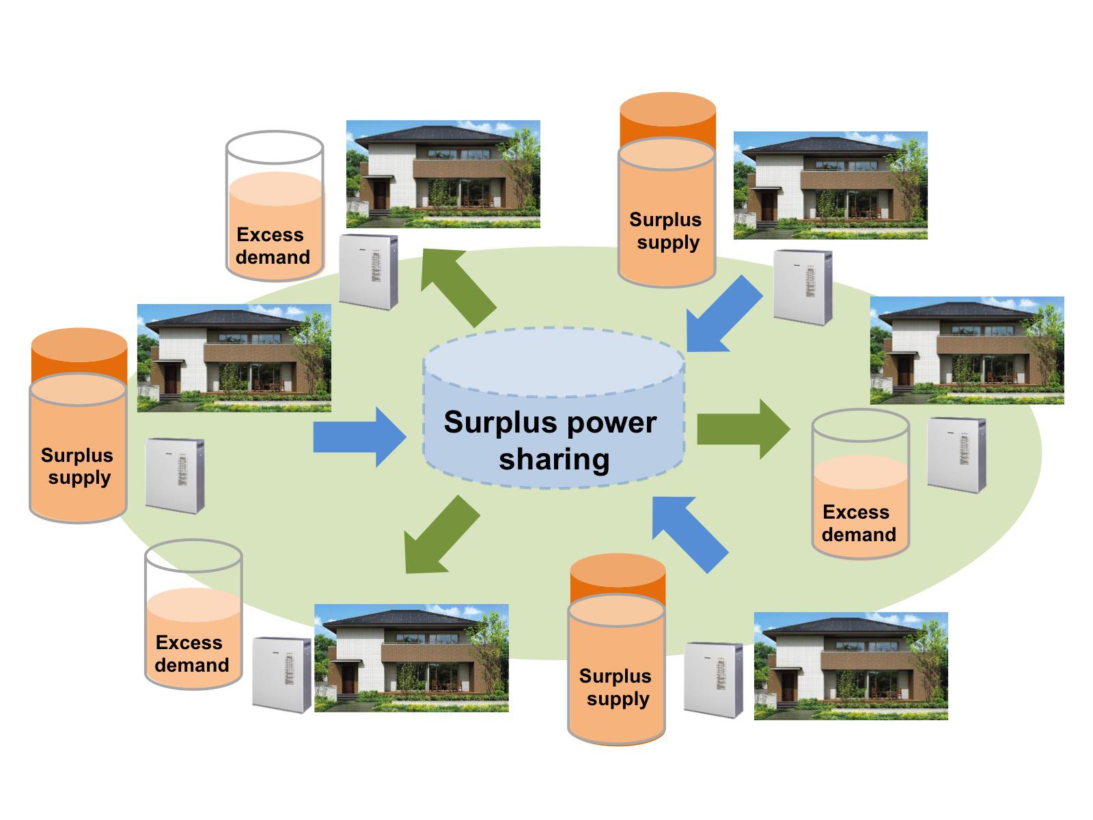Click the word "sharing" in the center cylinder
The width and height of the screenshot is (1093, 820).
click(554, 459)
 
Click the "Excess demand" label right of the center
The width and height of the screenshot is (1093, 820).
click(858, 523)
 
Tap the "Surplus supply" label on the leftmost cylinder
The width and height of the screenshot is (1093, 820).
click(77, 466)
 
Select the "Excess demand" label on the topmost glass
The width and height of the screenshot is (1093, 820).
click(272, 246)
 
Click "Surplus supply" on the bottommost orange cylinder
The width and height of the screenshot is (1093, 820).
click(616, 687)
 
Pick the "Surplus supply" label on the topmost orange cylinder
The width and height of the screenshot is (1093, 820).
click(666, 231)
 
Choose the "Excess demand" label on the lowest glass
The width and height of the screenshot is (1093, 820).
click(191, 654)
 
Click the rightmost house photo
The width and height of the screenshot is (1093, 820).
click(967, 350)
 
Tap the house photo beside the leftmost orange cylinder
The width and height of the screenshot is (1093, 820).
click(234, 357)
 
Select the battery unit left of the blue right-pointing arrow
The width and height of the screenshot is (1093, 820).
click(175, 476)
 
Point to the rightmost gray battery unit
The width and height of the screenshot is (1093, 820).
click(956, 454)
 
